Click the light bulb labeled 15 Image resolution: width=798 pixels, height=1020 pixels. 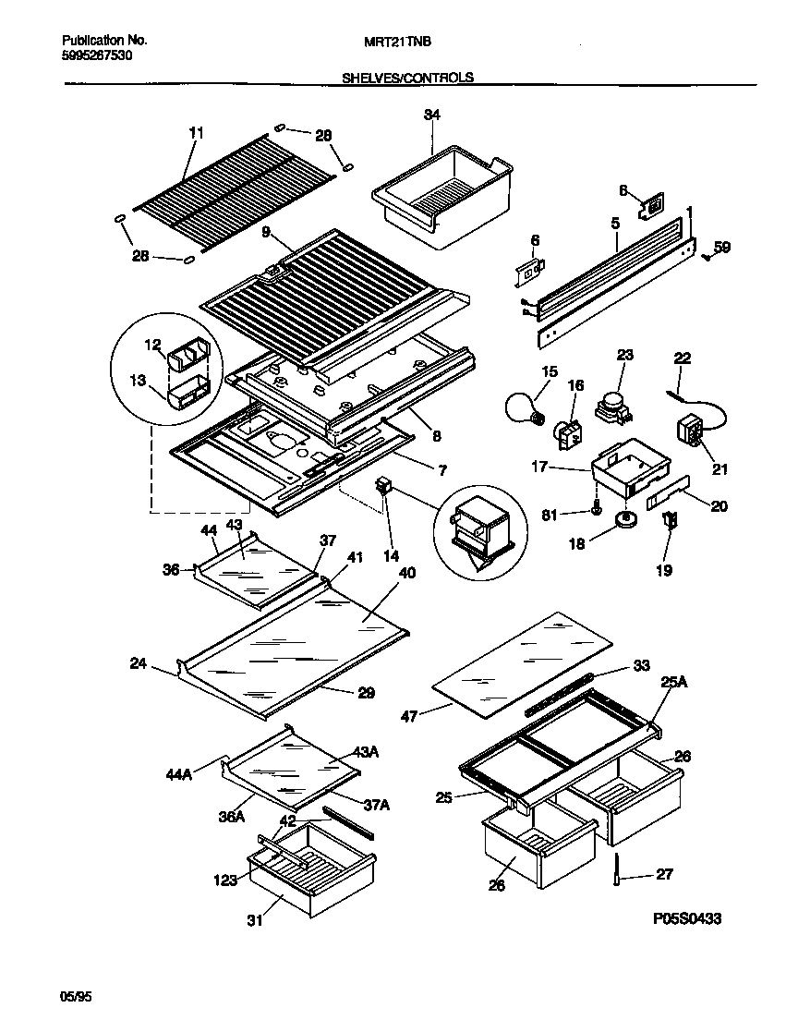point(524,406)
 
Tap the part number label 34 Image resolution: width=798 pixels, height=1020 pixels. point(431,115)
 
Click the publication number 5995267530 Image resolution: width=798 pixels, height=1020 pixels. point(97,55)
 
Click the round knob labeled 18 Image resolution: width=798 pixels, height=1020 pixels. point(627,521)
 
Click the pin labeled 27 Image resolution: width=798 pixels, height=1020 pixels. point(615,869)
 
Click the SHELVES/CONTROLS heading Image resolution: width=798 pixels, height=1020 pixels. point(407,78)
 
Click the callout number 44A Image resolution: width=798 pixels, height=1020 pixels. point(180,773)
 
